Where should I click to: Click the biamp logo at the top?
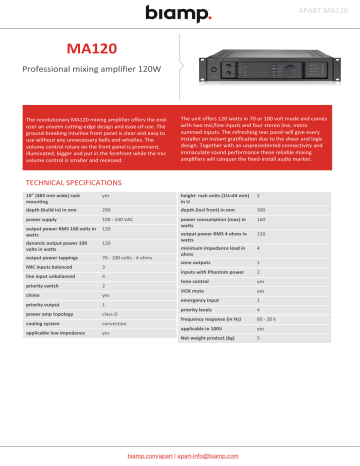pyautogui.click(x=180, y=14)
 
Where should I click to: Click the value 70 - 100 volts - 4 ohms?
pyautogui.click(x=130, y=229)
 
